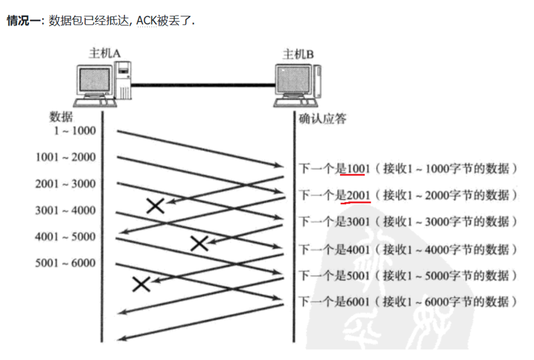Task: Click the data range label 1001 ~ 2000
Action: tap(66, 157)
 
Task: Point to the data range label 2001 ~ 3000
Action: tap(66, 184)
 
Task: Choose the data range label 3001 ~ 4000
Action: tap(66, 210)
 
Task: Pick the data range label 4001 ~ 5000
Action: tap(66, 237)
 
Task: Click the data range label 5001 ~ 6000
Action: tap(66, 263)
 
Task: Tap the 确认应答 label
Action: tap(323, 118)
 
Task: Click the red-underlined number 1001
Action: tap(358, 168)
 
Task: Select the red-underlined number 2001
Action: tap(358, 195)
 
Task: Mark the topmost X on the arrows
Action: tap(156, 205)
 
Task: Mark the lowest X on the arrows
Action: tap(141, 284)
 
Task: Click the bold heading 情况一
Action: tap(23, 20)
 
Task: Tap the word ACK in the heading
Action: tap(146, 20)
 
